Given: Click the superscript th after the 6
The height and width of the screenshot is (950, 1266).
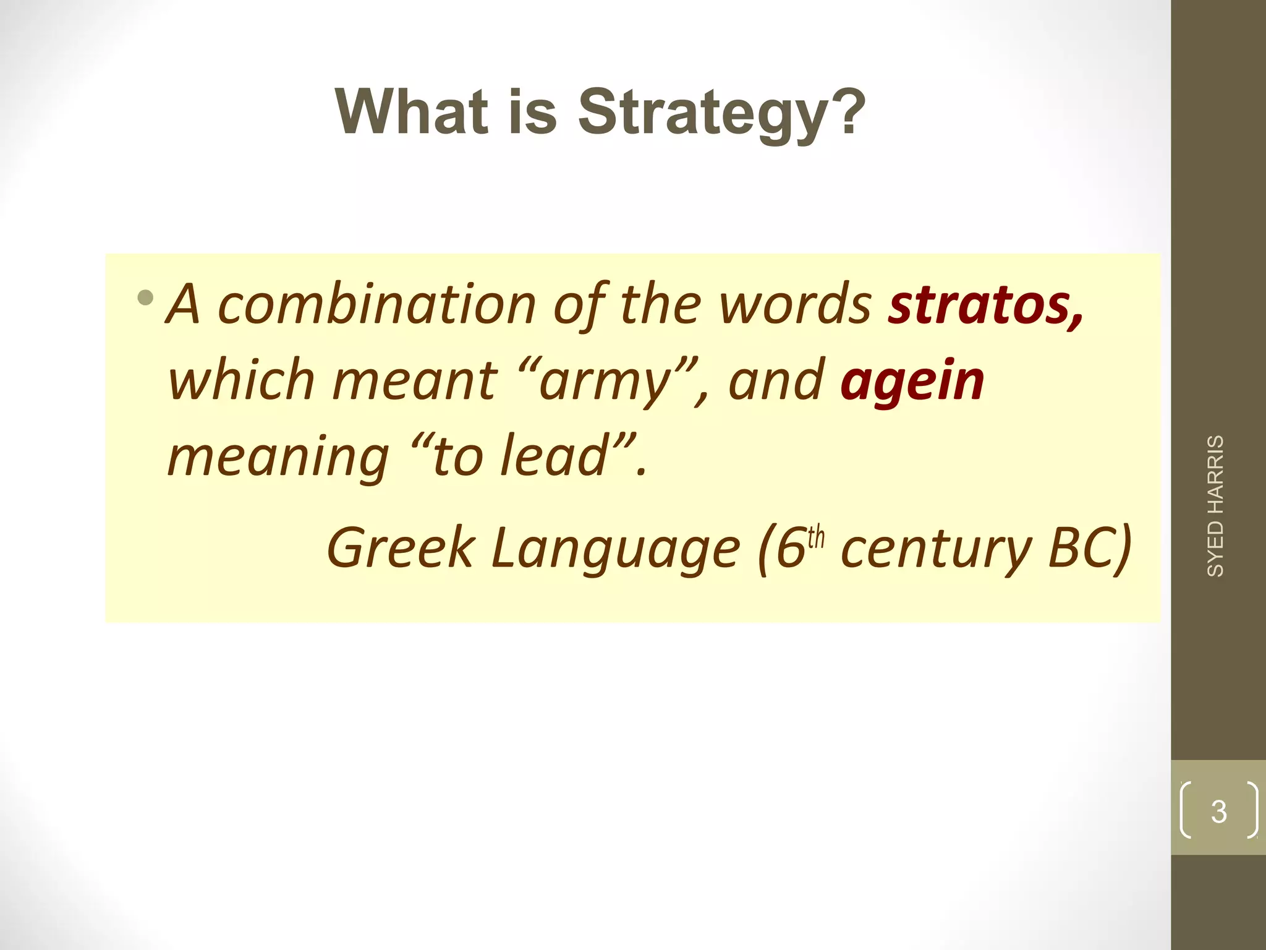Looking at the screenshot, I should click(816, 537).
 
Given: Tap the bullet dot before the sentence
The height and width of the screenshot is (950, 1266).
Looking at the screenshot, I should click(146, 299).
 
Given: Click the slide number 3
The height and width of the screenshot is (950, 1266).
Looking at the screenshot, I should click(1218, 811).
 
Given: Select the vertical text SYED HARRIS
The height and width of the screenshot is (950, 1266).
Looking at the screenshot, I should click(1215, 506).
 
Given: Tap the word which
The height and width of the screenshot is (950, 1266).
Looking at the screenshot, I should click(241, 380).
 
